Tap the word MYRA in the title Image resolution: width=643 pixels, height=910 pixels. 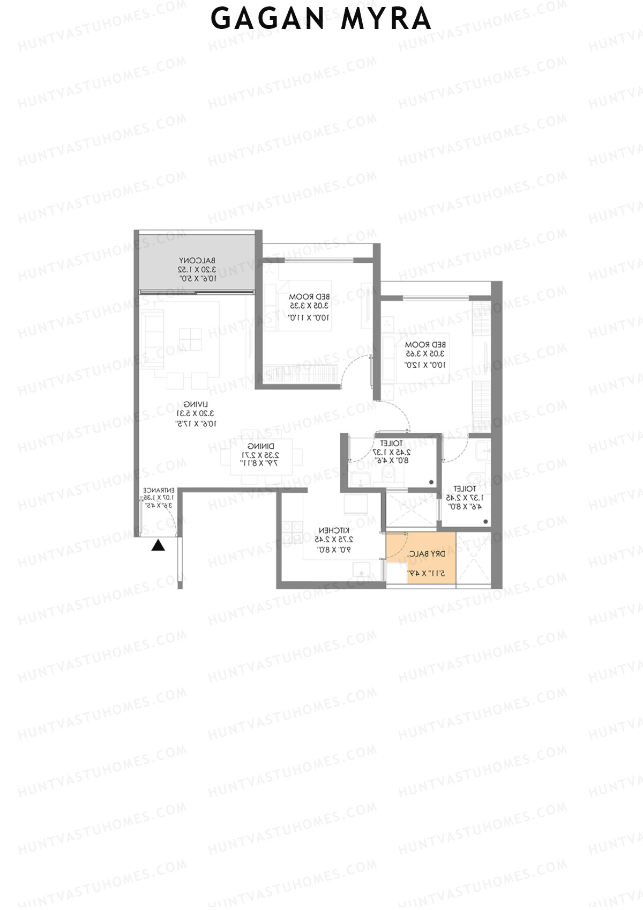pyautogui.click(x=386, y=19)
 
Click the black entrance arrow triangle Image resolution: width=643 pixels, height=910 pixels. pyautogui.click(x=158, y=546)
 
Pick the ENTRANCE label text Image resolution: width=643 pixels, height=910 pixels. pyautogui.click(x=159, y=490)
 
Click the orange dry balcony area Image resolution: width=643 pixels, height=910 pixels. pyautogui.click(x=421, y=558)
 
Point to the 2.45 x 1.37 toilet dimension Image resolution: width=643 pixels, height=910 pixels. pyautogui.click(x=392, y=452)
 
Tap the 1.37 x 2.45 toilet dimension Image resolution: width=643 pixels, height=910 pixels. pyautogui.click(x=464, y=498)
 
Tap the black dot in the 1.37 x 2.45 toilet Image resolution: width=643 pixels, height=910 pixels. pyautogui.click(x=485, y=521)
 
